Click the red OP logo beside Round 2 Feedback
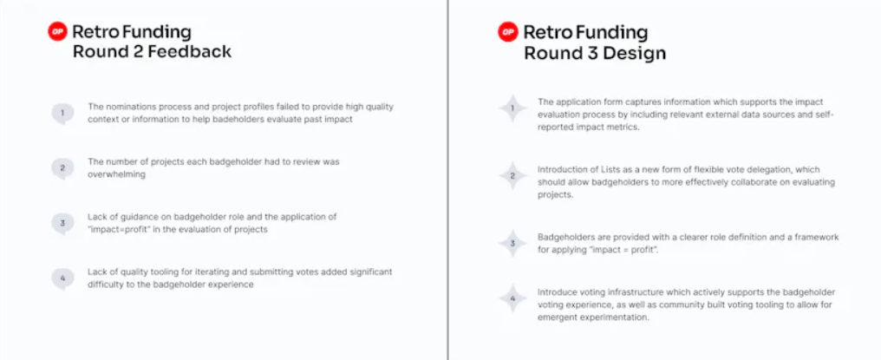[57, 32]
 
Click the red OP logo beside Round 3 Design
[508, 32]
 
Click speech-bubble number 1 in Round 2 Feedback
[62, 113]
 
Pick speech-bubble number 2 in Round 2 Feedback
[62, 168]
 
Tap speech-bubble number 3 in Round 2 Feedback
[62, 223]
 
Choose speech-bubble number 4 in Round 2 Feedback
[62, 278]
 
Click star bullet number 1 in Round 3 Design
[512, 108]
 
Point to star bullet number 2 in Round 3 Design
[512, 176]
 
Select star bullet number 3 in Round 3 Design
[512, 244]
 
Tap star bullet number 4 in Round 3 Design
[512, 298]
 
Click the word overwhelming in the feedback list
[116, 174]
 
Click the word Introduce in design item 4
[556, 292]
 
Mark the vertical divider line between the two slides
[447, 180]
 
